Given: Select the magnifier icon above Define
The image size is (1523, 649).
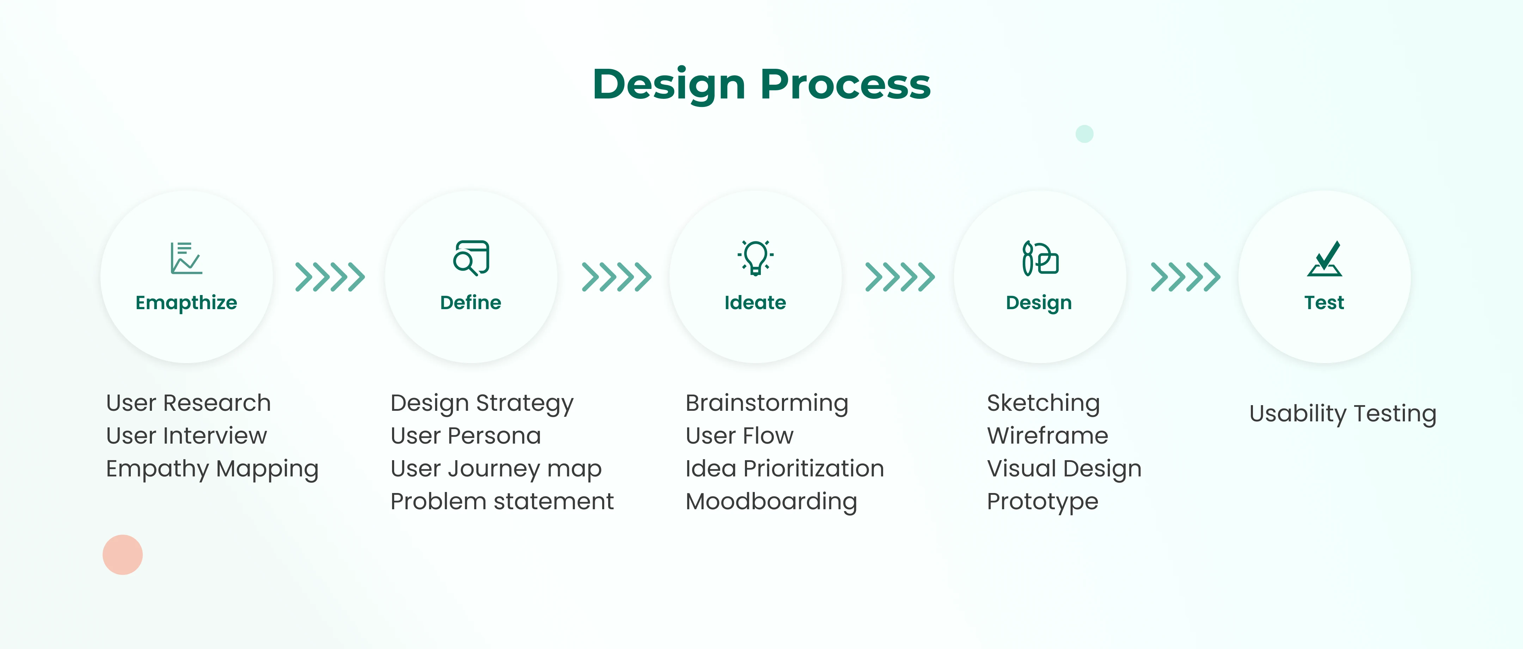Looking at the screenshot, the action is pyautogui.click(x=471, y=258).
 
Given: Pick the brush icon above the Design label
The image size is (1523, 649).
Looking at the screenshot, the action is pyautogui.click(x=1040, y=258).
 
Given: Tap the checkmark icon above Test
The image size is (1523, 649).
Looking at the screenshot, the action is pyautogui.click(x=1325, y=259).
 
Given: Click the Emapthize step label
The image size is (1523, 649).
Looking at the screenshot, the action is pyautogui.click(x=186, y=303).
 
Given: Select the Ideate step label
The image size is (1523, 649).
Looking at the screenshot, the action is pyautogui.click(x=755, y=302).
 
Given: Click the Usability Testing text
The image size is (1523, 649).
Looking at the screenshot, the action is pyautogui.click(x=1343, y=414).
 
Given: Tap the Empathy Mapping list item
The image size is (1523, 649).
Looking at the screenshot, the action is pyautogui.click(x=212, y=469).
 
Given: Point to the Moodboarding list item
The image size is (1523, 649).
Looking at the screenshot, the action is pyautogui.click(x=771, y=502).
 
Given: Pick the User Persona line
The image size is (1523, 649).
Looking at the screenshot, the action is pyautogui.click(x=465, y=435).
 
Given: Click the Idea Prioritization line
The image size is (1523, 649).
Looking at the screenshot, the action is pyautogui.click(x=784, y=469).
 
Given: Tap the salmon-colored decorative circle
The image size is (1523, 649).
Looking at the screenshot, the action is pyautogui.click(x=122, y=554).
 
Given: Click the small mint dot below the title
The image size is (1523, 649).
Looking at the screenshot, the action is pyautogui.click(x=1084, y=134).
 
